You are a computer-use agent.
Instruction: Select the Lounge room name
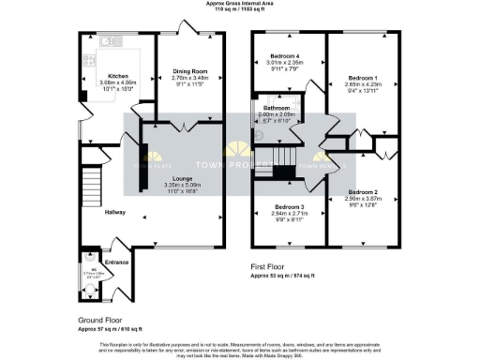182,176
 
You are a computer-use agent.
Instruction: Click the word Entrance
116,262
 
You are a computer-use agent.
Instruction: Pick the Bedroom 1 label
361,77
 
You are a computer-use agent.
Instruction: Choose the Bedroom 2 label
361,191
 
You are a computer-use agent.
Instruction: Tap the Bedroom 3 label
289,206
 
